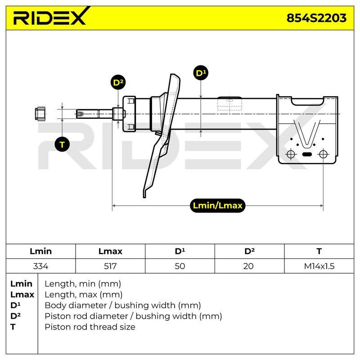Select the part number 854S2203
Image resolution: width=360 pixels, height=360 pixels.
[316, 18]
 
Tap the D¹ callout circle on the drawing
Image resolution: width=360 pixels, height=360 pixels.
[201, 73]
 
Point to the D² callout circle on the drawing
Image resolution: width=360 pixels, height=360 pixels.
[118, 82]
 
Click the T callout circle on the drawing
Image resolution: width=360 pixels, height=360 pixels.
[62, 144]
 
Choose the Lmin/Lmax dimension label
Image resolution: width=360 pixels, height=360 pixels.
[217, 205]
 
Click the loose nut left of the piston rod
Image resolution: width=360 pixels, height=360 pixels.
[40, 114]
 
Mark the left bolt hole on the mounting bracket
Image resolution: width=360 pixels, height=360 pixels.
[291, 154]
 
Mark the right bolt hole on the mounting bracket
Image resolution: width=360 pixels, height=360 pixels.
[323, 154]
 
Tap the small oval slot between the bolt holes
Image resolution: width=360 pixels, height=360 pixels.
[307, 154]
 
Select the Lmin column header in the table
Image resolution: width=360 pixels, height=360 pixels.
[40, 252]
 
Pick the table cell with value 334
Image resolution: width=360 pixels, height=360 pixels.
[40, 266]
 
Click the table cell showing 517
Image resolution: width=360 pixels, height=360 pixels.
[110, 266]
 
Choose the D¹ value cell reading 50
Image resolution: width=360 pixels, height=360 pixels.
[180, 266]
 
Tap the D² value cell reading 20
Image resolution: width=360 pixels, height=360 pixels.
[249, 266]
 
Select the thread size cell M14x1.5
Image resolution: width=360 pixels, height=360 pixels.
[319, 266]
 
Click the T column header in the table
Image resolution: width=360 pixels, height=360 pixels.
[319, 252]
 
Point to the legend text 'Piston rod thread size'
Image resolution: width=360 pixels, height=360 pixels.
[90, 327]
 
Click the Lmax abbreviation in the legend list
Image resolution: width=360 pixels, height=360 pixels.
[22, 295]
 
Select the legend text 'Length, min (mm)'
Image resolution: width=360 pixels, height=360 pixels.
[83, 284]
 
